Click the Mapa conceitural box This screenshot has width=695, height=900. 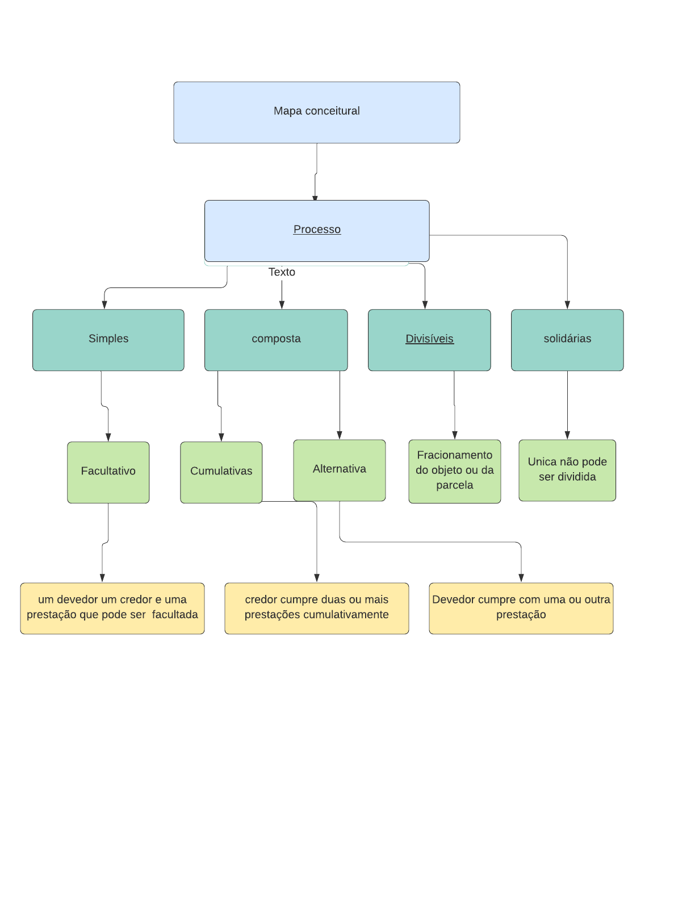tap(317, 113)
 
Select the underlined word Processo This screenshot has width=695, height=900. tap(317, 229)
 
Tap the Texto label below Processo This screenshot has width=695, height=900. tap(282, 272)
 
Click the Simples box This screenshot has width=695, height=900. tap(108, 340)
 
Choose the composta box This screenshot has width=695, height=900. tap(276, 340)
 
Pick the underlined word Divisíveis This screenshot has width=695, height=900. tap(430, 339)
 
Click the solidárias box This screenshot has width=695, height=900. tap(567, 340)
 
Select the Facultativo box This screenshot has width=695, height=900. tap(108, 472)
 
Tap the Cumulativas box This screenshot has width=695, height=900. tap(221, 472)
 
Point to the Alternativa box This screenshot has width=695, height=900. tap(340, 470)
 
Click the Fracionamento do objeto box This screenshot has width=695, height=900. tap(454, 472)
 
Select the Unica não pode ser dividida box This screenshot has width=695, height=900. tap(567, 470)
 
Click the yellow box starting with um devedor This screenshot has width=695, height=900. tap(112, 608)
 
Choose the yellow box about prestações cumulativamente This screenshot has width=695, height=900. tap(317, 608)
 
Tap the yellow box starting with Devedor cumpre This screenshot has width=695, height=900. tap(521, 608)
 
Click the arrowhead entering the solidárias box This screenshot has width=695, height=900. tap(567, 305)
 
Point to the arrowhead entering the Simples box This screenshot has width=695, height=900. tap(104, 305)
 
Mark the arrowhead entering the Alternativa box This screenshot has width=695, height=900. tap(340, 435)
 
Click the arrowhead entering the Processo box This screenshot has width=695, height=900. tap(315, 198)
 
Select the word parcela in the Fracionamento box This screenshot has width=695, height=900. tap(454, 485)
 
